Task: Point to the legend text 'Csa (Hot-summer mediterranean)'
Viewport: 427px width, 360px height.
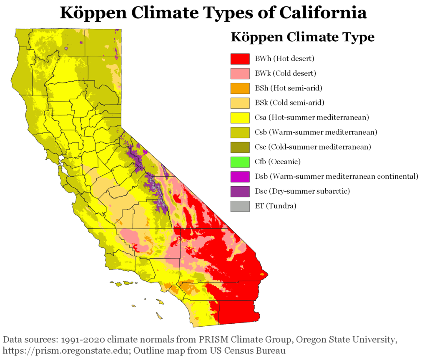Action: tap(311, 117)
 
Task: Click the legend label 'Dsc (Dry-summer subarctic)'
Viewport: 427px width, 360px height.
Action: tap(302, 191)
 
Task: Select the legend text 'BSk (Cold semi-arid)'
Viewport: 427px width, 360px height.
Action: tap(289, 102)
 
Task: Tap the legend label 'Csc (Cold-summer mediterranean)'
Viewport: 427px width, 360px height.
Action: tap(313, 147)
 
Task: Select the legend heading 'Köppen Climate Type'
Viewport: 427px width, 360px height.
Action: tap(302, 37)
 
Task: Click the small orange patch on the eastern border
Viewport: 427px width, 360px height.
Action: tap(262, 275)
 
